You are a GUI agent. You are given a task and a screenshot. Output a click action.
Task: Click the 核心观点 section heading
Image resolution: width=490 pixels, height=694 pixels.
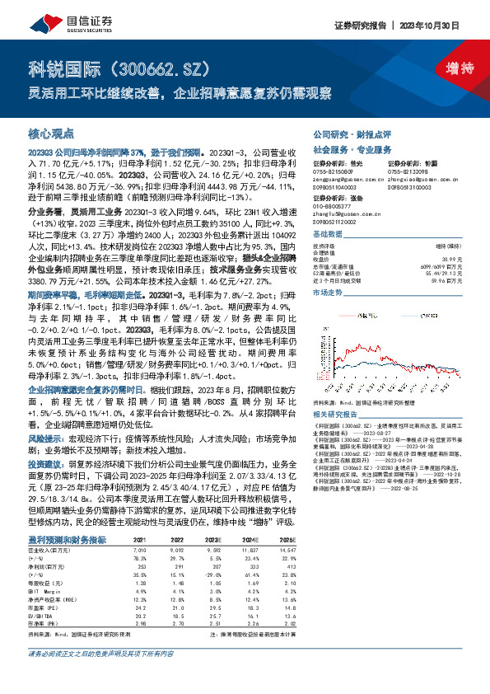[x=51, y=134]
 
